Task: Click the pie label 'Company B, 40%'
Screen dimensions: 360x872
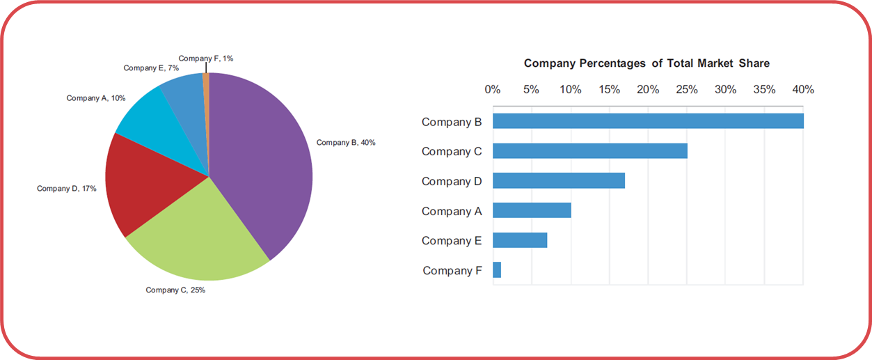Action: pos(346,143)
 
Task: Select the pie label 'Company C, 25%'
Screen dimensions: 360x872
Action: pos(175,290)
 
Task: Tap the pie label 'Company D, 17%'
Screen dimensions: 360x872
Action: pos(67,189)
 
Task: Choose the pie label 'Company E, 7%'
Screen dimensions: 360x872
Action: pos(151,68)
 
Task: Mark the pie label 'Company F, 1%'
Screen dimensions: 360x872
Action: pos(206,58)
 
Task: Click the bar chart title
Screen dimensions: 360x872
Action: pos(647,63)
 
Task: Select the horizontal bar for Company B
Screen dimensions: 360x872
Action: pos(648,121)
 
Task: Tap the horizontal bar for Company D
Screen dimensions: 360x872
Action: pos(559,181)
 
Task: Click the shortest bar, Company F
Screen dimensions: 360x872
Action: pos(497,270)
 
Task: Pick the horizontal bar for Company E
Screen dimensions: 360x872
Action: pos(520,240)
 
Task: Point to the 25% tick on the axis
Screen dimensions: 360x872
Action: pos(687,90)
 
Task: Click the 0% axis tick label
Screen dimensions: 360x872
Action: pos(493,90)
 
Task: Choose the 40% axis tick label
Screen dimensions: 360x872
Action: pos(803,90)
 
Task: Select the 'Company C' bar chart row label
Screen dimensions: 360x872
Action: pos(452,151)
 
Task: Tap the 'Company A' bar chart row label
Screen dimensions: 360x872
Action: pos(452,211)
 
